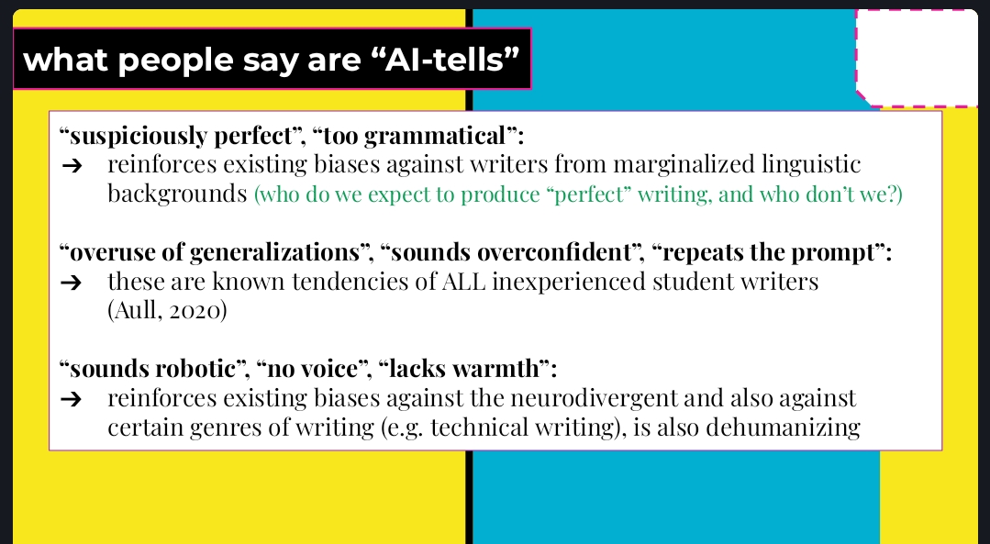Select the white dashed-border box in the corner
coord(917,58)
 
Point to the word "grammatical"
coord(435,137)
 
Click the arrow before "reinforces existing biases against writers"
coord(72,166)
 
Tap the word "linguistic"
coord(811,165)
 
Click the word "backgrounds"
coord(177,194)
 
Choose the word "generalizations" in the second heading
coord(274,252)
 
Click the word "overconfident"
coord(554,252)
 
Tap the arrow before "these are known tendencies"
coord(72,283)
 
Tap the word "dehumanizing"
coord(783,427)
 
